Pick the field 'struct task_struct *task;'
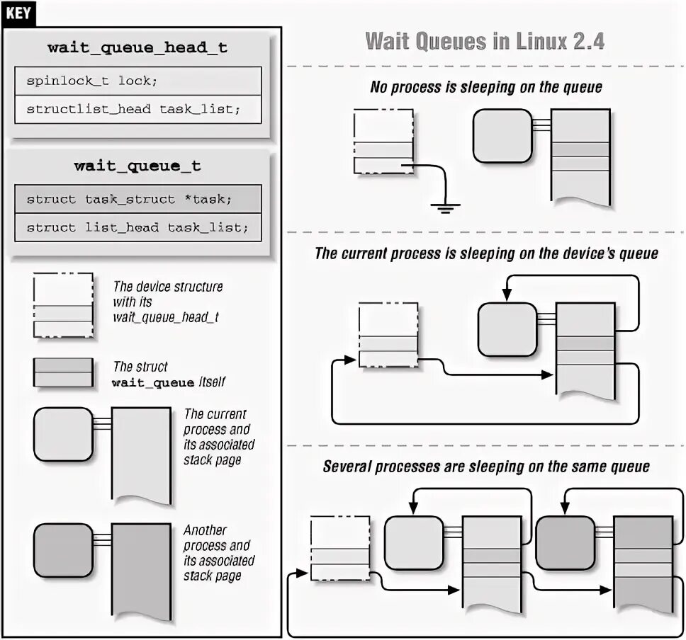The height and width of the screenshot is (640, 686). [129, 199]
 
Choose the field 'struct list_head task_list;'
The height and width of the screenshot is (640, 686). [137, 227]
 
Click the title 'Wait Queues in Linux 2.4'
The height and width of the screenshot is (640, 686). [485, 40]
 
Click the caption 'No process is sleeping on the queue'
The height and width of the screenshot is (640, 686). [485, 88]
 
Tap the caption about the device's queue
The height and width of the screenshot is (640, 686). [486, 253]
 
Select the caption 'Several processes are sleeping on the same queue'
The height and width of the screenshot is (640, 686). [486, 467]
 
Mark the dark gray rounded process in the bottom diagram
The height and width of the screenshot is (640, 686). [565, 542]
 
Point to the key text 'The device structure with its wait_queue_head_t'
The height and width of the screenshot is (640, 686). [167, 302]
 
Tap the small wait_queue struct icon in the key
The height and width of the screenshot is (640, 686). [63, 372]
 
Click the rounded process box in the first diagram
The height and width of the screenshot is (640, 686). [502, 135]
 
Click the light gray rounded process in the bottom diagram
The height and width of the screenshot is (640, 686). [414, 542]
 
